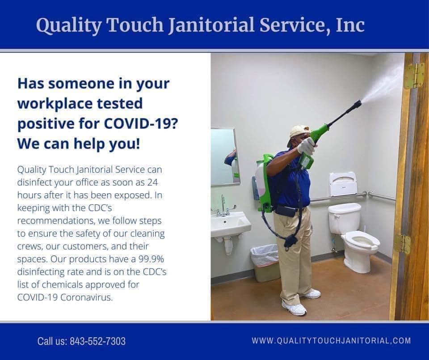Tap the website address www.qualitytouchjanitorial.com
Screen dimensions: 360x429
click(331, 340)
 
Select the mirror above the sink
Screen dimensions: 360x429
click(225, 157)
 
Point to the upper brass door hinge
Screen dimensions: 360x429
click(414, 76)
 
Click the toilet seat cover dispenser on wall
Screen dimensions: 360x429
click(343, 184)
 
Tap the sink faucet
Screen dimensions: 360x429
click(224, 207)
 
